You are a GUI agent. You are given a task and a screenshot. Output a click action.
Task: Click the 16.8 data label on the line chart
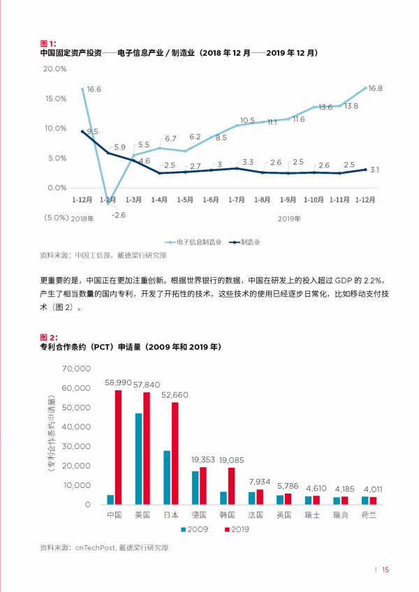pyautogui.click(x=375, y=89)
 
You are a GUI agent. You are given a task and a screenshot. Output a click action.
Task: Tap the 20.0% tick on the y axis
pyautogui.click(x=54, y=68)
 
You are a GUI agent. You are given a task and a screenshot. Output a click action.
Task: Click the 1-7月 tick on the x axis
pyautogui.click(x=237, y=200)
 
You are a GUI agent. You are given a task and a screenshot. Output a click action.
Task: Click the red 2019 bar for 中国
pyautogui.click(x=118, y=447)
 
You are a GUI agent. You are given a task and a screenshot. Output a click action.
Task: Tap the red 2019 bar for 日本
pyautogui.click(x=175, y=453)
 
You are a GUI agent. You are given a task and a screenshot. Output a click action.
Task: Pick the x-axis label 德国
pyautogui.click(x=199, y=515)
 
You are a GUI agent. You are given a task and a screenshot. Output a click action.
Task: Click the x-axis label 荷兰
pyautogui.click(x=368, y=515)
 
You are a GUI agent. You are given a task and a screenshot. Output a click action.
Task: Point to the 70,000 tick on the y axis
pyautogui.click(x=77, y=368)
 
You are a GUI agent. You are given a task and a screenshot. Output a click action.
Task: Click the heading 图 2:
pyautogui.click(x=49, y=337)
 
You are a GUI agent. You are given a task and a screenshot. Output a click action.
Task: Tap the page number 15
pyautogui.click(x=385, y=570)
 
